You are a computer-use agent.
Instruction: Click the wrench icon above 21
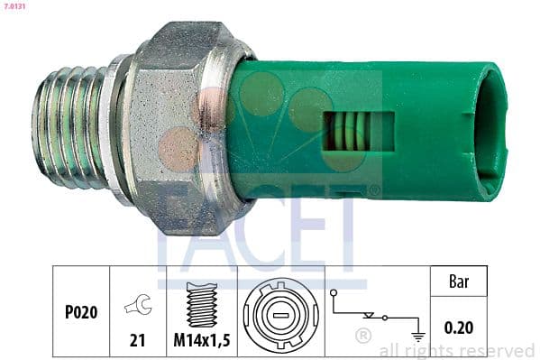click(x=138, y=306)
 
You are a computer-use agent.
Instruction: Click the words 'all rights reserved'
click(x=457, y=350)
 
